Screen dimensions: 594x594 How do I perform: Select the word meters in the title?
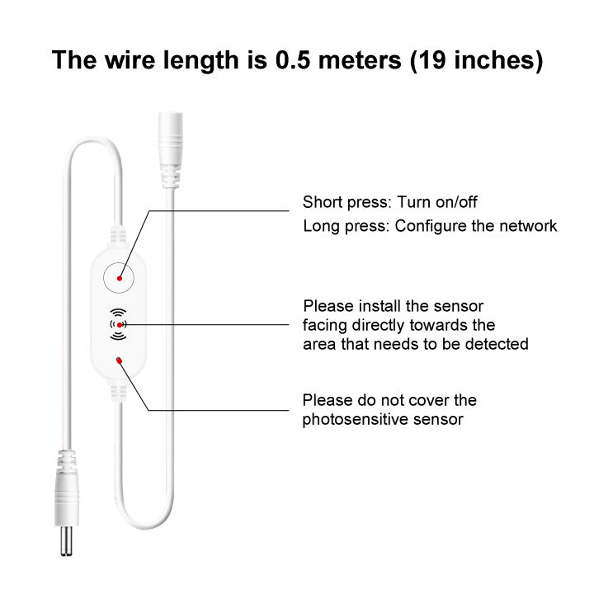[x=360, y=60]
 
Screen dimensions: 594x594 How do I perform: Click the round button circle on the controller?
[x=119, y=278]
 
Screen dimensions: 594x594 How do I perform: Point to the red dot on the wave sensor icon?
[x=120, y=325]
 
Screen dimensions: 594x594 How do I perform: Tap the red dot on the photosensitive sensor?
[x=120, y=361]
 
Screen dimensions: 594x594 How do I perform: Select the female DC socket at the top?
[x=171, y=149]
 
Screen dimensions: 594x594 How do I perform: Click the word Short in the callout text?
[x=323, y=202]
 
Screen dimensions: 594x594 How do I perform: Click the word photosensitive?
[x=355, y=420]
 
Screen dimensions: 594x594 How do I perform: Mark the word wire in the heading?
[x=130, y=60]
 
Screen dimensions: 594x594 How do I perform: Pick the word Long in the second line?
[x=321, y=227]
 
